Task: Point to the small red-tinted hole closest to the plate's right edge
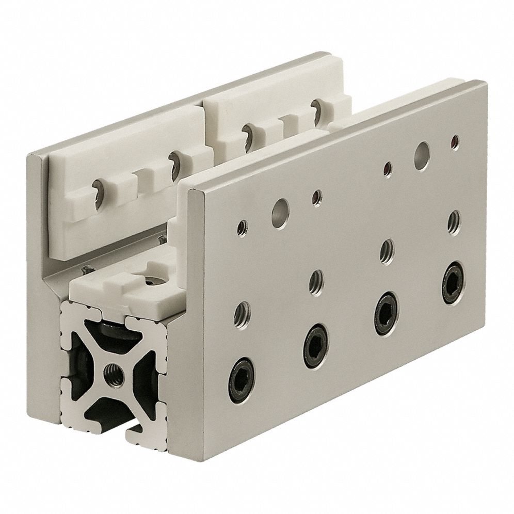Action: [x=455, y=141]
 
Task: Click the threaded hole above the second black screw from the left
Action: [x=315, y=281]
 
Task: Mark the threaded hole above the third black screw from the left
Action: [x=387, y=250]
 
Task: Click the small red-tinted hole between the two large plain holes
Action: [x=317, y=197]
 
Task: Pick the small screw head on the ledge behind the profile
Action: [x=84, y=269]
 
